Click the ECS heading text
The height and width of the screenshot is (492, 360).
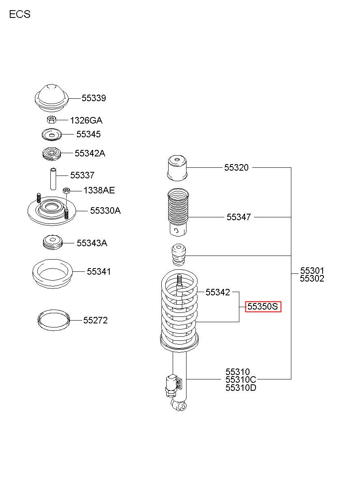pyautogui.click(x=20, y=14)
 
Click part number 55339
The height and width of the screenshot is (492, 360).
pyautogui.click(x=94, y=98)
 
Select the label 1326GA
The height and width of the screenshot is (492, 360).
pyautogui.click(x=86, y=120)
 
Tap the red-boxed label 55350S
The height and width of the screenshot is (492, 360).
pyautogui.click(x=263, y=306)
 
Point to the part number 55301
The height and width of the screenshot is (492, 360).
pyautogui.click(x=312, y=271)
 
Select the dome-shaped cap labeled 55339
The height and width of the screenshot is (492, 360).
pyautogui.click(x=52, y=98)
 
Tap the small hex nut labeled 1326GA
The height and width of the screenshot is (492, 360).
pyautogui.click(x=51, y=120)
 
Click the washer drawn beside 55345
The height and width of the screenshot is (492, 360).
pyautogui.click(x=52, y=134)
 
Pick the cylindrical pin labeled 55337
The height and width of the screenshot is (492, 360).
pyautogui.click(x=53, y=179)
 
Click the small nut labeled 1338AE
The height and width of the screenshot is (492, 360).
pyautogui.click(x=66, y=190)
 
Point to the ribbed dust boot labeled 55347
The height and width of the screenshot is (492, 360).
pyautogui.click(x=178, y=212)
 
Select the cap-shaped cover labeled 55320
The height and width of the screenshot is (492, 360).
pyautogui.click(x=178, y=168)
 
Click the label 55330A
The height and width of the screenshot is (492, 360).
pyautogui.click(x=105, y=210)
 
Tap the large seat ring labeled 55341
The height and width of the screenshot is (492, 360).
pyautogui.click(x=52, y=274)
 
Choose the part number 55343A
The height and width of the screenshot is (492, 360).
pyautogui.click(x=92, y=243)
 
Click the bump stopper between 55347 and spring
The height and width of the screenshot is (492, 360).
pyautogui.click(x=178, y=255)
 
